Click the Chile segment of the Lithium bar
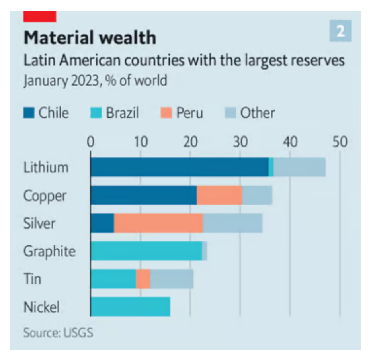click(179, 167)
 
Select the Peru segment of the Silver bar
click(158, 223)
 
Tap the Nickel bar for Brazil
click(131, 307)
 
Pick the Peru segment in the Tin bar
click(143, 279)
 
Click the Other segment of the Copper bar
click(257, 195)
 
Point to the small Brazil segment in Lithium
click(271, 167)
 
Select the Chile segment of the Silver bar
click(102, 223)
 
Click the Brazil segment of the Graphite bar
click(146, 251)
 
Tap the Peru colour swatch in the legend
click(165, 113)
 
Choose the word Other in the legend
click(258, 113)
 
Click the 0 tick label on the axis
click(91, 142)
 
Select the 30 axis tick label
click(240, 142)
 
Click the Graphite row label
click(49, 251)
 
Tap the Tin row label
click(32, 279)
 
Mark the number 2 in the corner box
click(340, 31)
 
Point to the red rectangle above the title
click(40, 16)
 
